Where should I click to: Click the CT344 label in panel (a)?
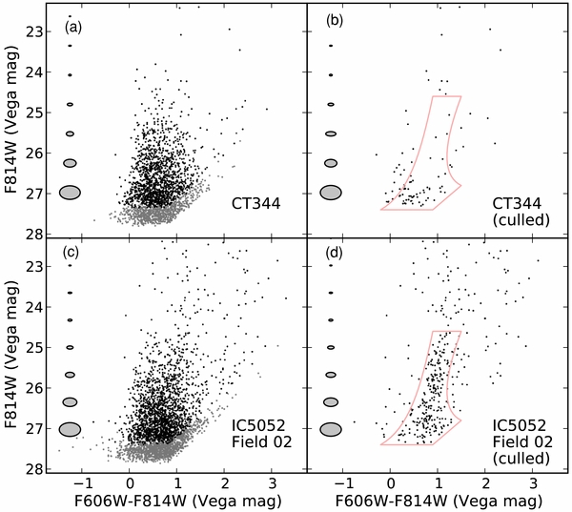[255, 202]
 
